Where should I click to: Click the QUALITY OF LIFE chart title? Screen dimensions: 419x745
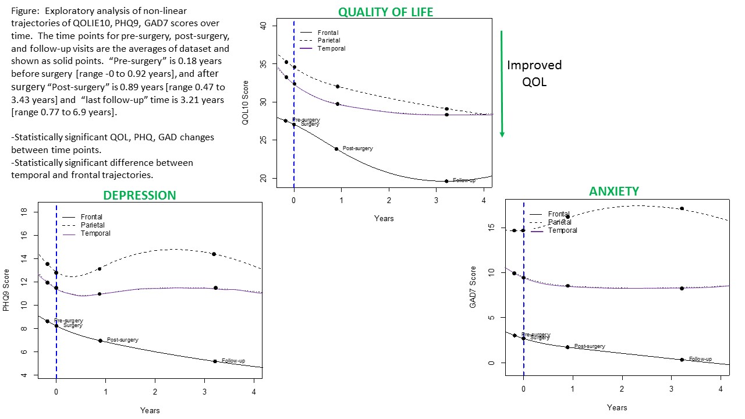386,12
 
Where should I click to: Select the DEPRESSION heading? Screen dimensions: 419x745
139,196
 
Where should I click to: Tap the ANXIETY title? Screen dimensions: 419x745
613,191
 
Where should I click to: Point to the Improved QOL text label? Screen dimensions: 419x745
534,73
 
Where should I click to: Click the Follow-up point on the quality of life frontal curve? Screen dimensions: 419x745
446,181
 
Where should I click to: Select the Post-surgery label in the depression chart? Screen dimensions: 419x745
122,340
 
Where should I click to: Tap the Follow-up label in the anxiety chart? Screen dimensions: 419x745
700,359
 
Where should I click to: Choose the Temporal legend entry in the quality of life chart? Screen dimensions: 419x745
331,48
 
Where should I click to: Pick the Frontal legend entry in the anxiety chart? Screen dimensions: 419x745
558,214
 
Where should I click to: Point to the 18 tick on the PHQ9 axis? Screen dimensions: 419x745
24,212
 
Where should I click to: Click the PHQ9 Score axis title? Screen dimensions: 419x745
6,290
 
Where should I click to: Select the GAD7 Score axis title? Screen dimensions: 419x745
473,287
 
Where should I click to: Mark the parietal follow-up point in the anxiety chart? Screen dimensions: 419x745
682,208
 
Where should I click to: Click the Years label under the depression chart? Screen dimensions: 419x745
150,410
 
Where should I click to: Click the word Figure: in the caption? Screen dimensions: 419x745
26,11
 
